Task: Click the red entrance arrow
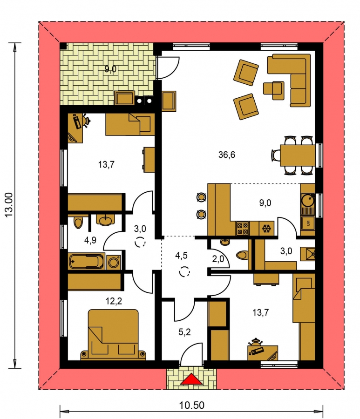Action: tap(191, 379)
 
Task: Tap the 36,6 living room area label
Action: tap(227, 155)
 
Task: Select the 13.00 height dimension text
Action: tap(9, 205)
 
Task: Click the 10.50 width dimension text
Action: tap(191, 405)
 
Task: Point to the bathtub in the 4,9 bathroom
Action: tap(86, 261)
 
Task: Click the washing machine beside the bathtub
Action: tap(114, 262)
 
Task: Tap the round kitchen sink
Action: tap(308, 200)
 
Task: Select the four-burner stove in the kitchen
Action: tap(242, 229)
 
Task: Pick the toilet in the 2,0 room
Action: tap(242, 255)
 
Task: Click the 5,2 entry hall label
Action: tap(184, 332)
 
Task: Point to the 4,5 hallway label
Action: tap(181, 256)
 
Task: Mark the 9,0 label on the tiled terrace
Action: tap(110, 69)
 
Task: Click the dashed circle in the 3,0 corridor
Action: tap(140, 242)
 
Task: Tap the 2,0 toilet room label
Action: tap(218, 259)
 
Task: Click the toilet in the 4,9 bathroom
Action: tap(78, 223)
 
